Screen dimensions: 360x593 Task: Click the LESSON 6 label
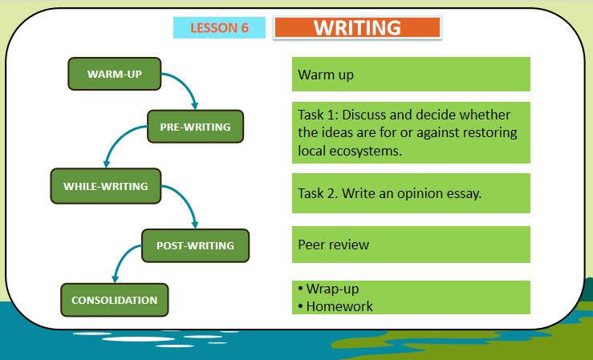click(219, 28)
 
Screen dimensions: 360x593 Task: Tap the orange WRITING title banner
click(357, 27)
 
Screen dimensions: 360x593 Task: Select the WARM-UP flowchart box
click(114, 75)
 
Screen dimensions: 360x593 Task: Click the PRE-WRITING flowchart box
click(195, 127)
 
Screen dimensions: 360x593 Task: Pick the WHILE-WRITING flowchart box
click(105, 186)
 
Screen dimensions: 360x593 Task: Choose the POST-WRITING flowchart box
click(195, 245)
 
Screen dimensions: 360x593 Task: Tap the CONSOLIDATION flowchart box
click(114, 300)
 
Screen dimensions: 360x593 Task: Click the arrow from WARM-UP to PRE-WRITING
click(186, 87)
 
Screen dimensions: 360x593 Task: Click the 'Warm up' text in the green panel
click(325, 75)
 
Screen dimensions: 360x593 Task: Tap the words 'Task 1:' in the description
click(319, 115)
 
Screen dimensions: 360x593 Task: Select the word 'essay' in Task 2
click(463, 193)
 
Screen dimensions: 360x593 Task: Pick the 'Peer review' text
click(333, 245)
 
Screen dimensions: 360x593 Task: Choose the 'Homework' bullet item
click(339, 305)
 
